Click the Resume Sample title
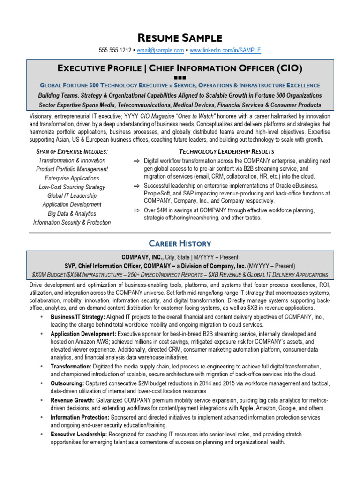(180, 38)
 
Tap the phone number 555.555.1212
(115, 50)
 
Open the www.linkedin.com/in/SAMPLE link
(225, 50)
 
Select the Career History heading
(180, 243)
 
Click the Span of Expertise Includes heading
(72, 151)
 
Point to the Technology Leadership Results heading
(227, 151)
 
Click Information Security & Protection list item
(72, 222)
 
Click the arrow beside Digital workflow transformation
(136, 161)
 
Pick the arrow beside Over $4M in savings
(136, 210)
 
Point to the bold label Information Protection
(79, 417)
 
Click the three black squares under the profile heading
(180, 77)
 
